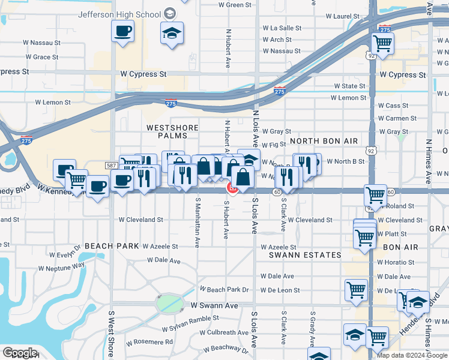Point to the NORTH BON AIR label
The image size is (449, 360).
(324, 141)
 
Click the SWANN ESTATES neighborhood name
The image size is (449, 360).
(305, 255)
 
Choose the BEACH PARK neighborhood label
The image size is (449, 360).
(112, 246)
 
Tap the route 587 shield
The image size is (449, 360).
(110, 166)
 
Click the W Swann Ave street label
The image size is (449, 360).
(214, 305)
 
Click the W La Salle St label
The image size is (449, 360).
(282, 28)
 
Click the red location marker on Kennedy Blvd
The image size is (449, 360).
(231, 189)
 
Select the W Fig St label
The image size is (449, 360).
(273, 145)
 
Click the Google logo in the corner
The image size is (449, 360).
(20, 353)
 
